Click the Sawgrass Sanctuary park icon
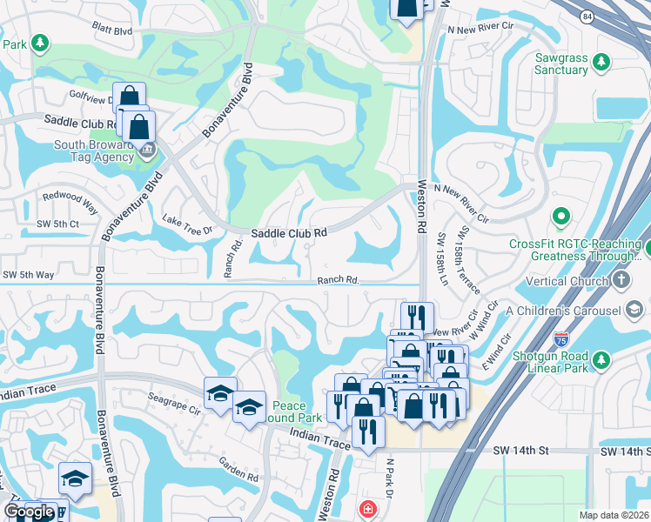pyautogui.click(x=599, y=62)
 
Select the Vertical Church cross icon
pyautogui.click(x=621, y=280)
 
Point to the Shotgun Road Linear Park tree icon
pyautogui.click(x=601, y=359)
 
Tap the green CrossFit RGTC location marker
pyautogui.click(x=561, y=215)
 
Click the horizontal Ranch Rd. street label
pyautogui.click(x=338, y=280)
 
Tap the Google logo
pyautogui.click(x=29, y=512)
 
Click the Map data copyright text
pyautogui.click(x=614, y=515)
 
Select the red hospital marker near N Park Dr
pyautogui.click(x=368, y=509)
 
